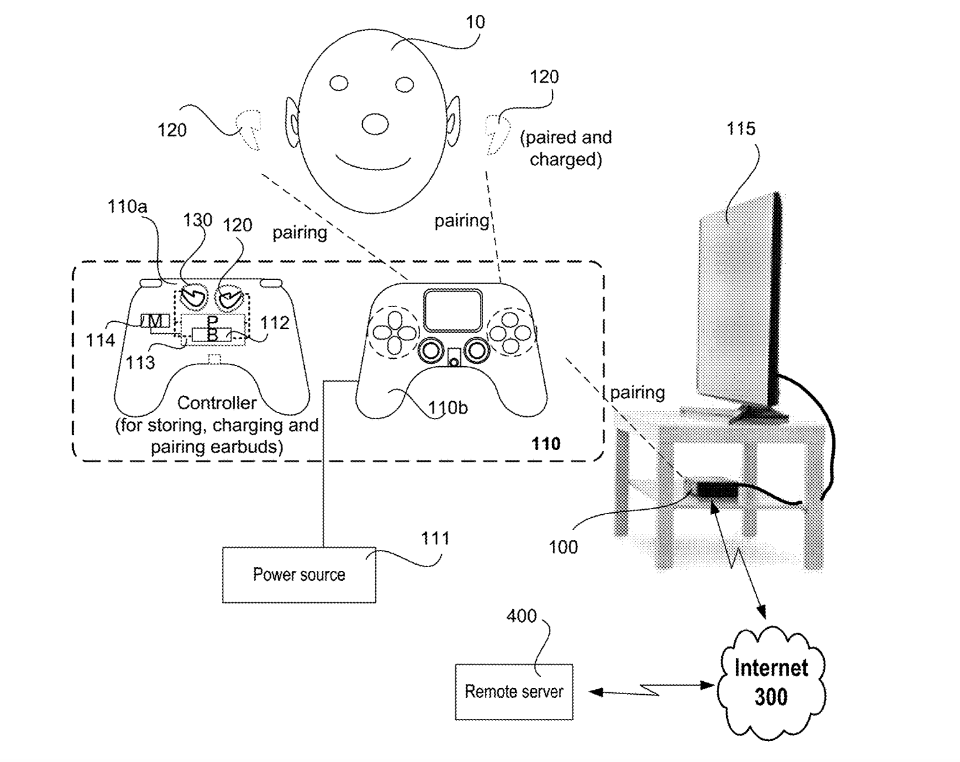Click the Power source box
pos(299,575)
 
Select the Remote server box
pos(514,692)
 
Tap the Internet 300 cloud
pos(771,682)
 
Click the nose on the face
pos(374,124)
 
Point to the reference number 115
pos(741,129)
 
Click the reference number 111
pos(436,539)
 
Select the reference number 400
pos(521,617)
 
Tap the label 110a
pos(127,207)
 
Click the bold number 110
pos(545,444)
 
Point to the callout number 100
pos(563,547)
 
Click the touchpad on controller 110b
pos(453,310)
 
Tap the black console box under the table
pos(717,491)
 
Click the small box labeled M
pos(155,321)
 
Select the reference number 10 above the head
pos(475,22)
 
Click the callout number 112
pos(275,323)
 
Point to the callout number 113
pos(140,363)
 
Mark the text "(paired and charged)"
pos(566,148)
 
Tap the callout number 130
pos(197,220)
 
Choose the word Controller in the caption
pos(217,403)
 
